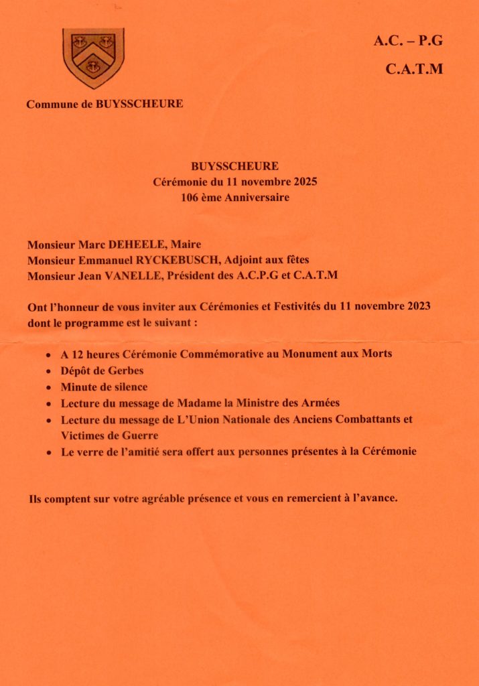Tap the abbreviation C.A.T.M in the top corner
click(414, 68)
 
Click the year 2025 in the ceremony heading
click(303, 182)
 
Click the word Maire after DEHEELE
click(188, 245)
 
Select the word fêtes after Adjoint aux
click(295, 259)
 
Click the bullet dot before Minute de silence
click(49, 388)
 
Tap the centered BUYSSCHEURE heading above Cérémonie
click(234, 166)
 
